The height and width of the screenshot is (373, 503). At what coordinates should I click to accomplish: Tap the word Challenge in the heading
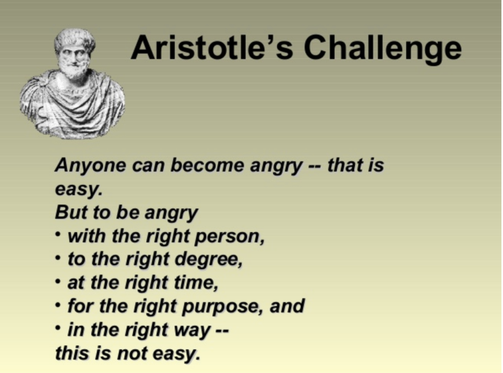[383, 50]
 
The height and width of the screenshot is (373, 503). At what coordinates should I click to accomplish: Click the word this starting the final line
[72, 353]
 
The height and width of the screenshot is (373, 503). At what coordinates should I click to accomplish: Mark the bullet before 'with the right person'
[58, 234]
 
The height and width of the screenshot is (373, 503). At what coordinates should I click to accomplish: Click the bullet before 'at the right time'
[58, 281]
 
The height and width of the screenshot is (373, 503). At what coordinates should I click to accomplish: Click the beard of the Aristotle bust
[75, 71]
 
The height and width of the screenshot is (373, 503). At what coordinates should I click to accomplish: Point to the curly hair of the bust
[75, 38]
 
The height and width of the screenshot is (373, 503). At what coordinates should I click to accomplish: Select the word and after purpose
[287, 306]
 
